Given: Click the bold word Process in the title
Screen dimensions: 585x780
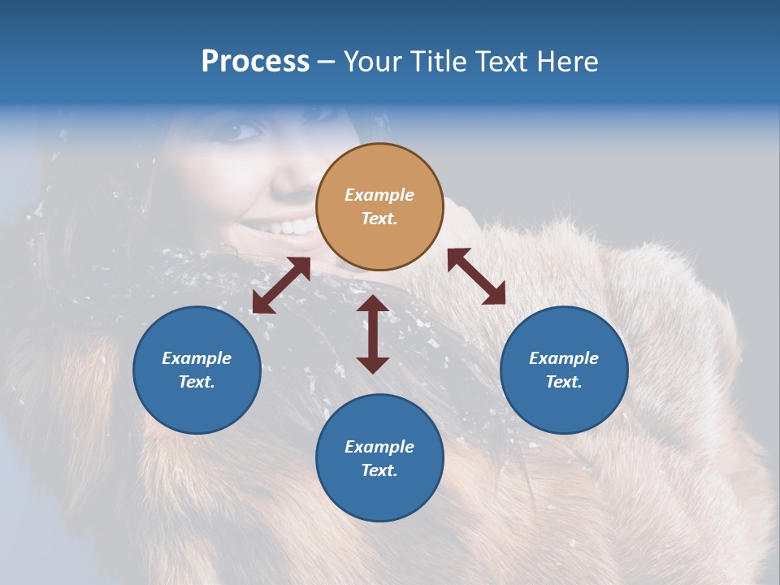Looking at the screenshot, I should pyautogui.click(x=255, y=62).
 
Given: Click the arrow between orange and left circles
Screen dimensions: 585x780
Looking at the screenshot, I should pyautogui.click(x=281, y=285).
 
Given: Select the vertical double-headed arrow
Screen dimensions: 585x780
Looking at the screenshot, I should pyautogui.click(x=373, y=334).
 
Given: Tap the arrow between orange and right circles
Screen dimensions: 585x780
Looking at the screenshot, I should pyautogui.click(x=476, y=276).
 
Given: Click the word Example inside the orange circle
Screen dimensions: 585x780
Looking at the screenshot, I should pyautogui.click(x=379, y=195).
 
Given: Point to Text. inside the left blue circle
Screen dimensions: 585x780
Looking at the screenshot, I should pyautogui.click(x=197, y=382).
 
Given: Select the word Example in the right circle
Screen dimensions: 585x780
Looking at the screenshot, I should pyautogui.click(x=564, y=358).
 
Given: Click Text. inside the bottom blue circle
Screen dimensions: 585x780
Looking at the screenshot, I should pyautogui.click(x=379, y=470).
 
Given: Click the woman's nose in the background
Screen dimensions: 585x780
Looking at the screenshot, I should pyautogui.click(x=286, y=175).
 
